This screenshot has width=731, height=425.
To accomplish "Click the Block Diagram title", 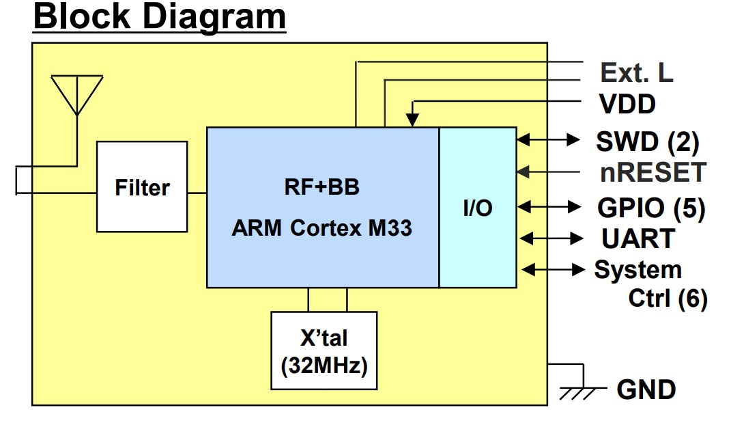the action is [x=160, y=17].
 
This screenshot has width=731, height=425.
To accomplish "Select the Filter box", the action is [x=142, y=187].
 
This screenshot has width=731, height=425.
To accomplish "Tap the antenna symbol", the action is [x=77, y=96].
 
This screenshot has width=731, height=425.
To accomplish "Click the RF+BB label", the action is [x=321, y=187].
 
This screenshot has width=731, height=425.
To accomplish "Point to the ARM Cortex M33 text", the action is [x=321, y=228].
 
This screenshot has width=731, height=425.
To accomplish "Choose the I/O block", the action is [x=478, y=207].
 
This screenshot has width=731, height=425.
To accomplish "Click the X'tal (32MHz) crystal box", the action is [x=324, y=351].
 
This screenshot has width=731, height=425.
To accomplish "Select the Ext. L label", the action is [x=636, y=73].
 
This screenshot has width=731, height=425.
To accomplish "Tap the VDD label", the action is [x=627, y=104].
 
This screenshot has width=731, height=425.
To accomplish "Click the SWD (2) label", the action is [x=648, y=142].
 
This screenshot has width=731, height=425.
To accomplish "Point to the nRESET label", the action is [x=653, y=173].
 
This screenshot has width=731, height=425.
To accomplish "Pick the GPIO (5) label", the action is [x=651, y=208].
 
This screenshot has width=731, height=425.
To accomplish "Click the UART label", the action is [x=638, y=239].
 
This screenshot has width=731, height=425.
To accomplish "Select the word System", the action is [x=637, y=270].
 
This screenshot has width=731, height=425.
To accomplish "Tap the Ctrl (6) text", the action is [x=668, y=299].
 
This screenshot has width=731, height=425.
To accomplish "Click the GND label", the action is [x=646, y=389].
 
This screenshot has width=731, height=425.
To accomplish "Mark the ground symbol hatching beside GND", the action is [x=578, y=394].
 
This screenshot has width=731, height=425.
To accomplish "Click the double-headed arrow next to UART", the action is [x=551, y=238].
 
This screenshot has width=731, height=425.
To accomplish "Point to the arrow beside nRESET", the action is [x=548, y=172].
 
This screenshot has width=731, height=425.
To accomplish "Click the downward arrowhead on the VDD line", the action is [x=412, y=120].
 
